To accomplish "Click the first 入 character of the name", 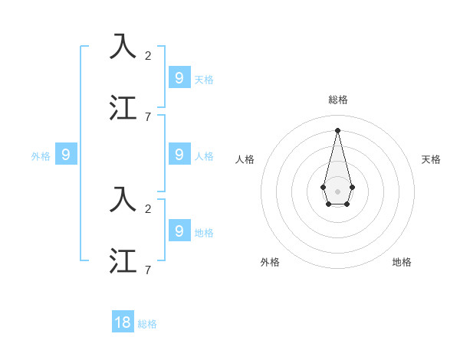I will click(123, 47).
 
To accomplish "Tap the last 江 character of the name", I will click(123, 260).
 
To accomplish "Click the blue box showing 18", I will click(123, 322).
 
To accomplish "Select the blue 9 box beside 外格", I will click(66, 155).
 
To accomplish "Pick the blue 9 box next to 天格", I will click(179, 77).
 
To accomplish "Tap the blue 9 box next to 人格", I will click(179, 155).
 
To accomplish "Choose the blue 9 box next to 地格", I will click(179, 230).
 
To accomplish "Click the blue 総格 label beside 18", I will click(147, 324).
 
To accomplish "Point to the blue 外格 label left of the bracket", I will click(41, 156).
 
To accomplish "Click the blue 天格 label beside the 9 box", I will click(203, 79).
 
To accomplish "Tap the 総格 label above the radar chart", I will click(338, 100).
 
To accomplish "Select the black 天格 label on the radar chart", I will click(431, 159).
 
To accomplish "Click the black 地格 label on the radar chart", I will click(402, 262).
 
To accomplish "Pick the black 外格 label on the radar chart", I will click(270, 262).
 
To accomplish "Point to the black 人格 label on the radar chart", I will click(245, 159).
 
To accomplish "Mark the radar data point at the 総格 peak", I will click(338, 129).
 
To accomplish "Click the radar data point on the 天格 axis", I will click(353, 187).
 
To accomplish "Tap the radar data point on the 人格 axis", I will click(324, 187).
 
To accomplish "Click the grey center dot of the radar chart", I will click(338, 191).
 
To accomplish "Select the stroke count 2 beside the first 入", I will click(148, 55).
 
